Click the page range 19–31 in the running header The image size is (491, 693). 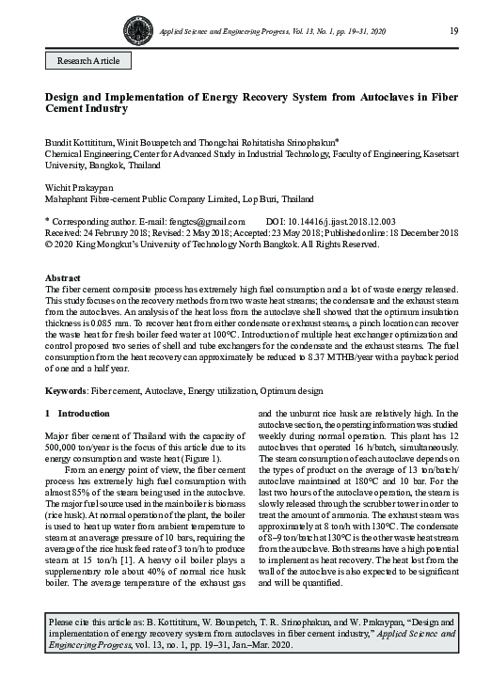[372, 32]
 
